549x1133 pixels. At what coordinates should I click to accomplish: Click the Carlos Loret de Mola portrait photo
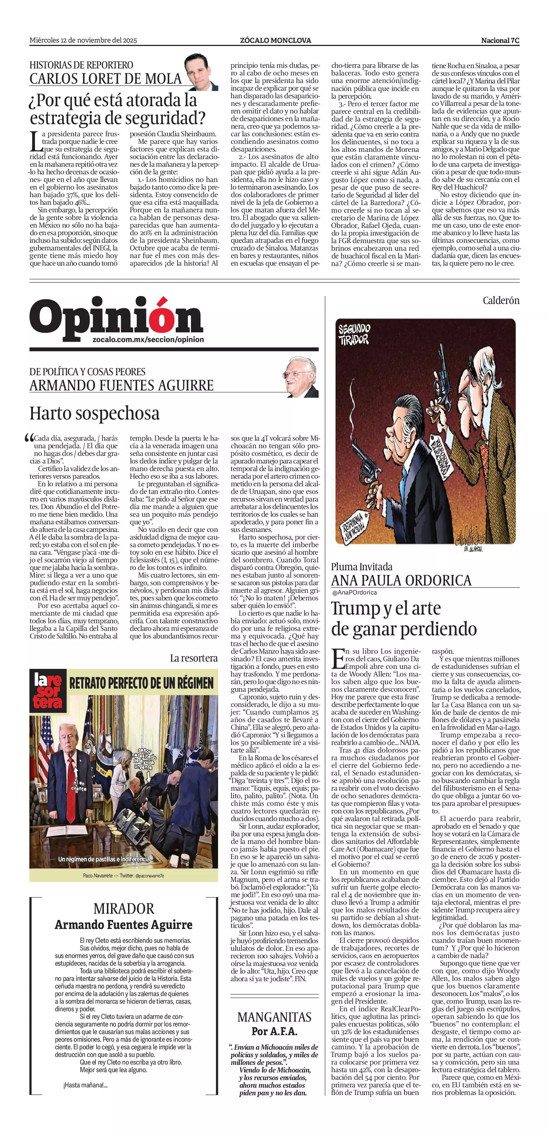click(201, 72)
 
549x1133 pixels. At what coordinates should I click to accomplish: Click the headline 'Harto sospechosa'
click(94, 413)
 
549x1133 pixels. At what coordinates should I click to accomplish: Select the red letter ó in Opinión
click(160, 317)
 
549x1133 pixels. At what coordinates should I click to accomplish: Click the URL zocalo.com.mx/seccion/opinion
click(148, 340)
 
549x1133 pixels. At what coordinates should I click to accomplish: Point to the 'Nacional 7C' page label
click(500, 40)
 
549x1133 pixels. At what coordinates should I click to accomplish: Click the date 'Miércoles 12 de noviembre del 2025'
click(83, 40)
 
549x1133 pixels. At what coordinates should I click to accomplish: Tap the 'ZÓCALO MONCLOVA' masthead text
click(275, 40)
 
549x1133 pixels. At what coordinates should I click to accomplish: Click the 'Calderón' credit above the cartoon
click(501, 301)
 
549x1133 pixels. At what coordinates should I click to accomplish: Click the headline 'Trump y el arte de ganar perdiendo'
click(403, 618)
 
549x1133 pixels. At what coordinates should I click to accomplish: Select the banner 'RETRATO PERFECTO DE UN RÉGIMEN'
click(141, 683)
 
